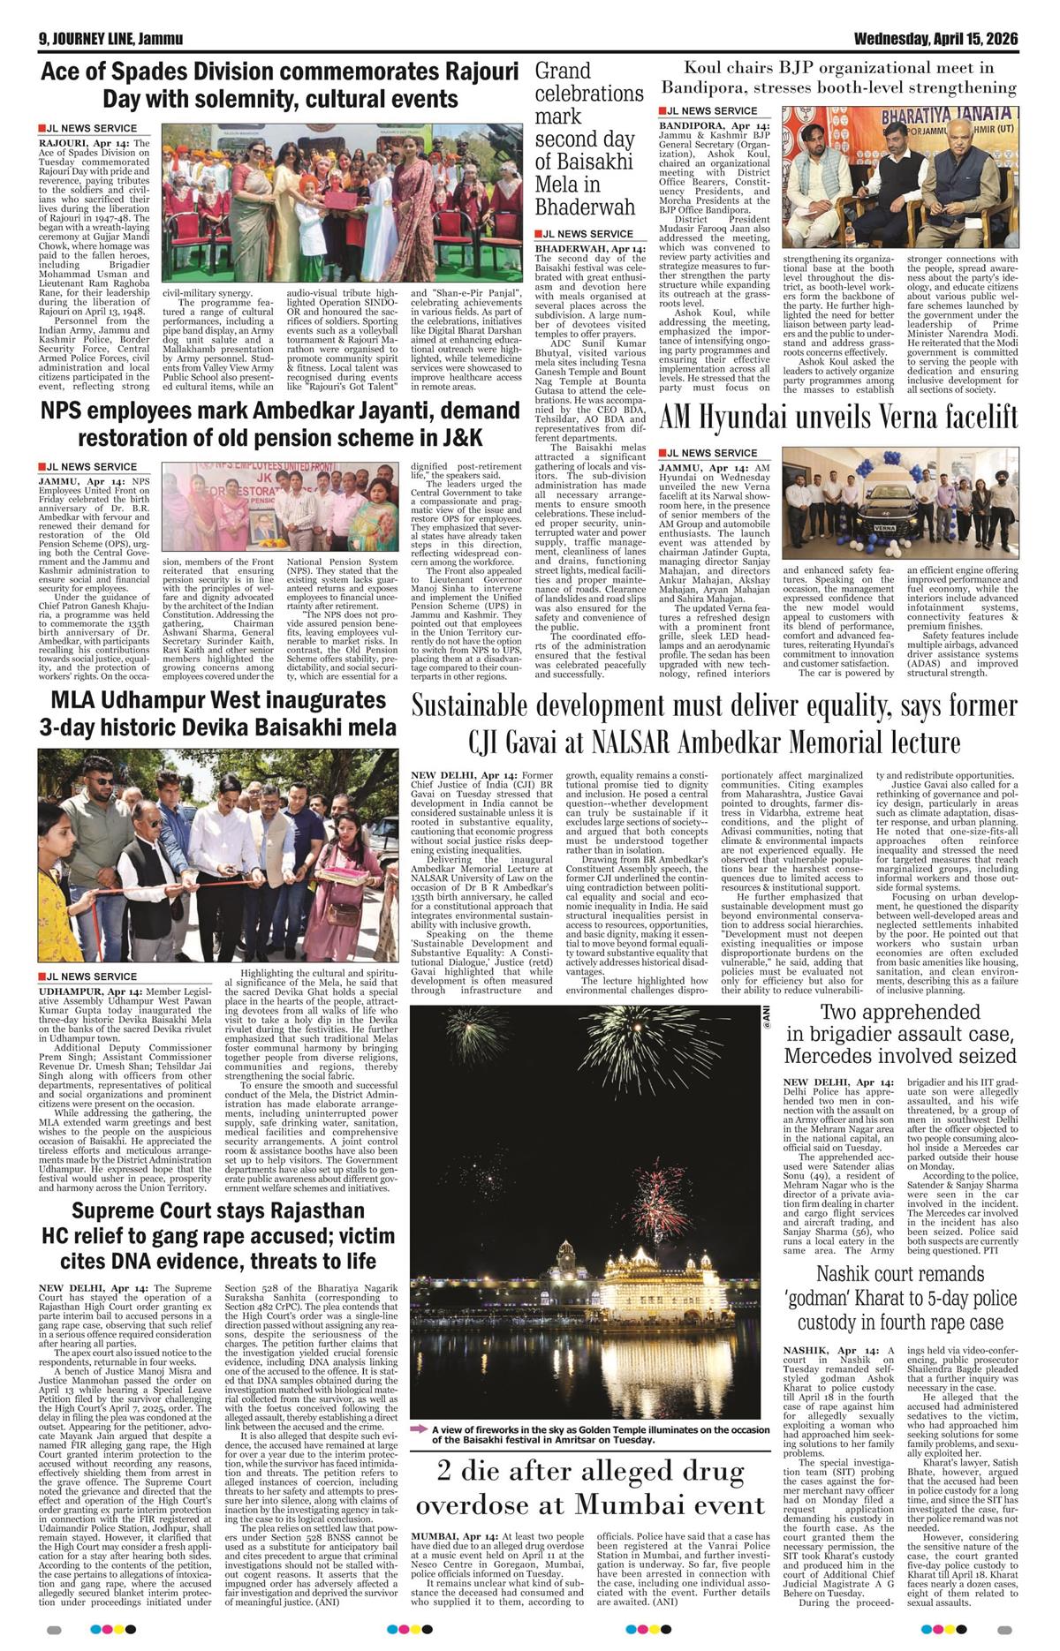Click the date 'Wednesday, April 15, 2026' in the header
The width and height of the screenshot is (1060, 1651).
click(935, 40)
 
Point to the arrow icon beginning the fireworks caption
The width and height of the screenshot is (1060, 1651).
click(420, 1429)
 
